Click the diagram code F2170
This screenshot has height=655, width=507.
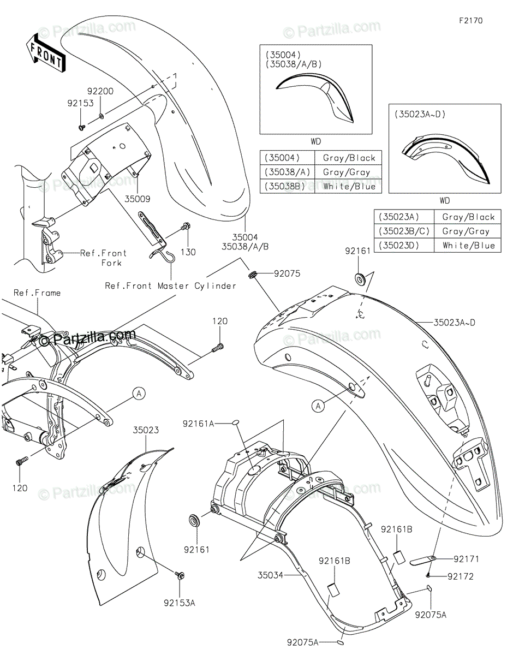click(470, 21)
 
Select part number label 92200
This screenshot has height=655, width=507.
click(100, 91)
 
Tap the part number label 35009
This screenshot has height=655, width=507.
click(138, 199)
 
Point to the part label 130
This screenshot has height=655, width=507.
click(188, 252)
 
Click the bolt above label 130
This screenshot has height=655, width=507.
click(185, 226)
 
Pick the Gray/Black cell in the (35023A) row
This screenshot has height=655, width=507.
click(468, 217)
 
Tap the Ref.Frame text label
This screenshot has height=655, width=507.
click(37, 293)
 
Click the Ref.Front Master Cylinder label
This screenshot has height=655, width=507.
click(170, 285)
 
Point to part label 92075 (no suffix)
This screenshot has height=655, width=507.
click(287, 273)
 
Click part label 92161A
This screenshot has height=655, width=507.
click(198, 424)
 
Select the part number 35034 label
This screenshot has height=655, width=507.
click(271, 575)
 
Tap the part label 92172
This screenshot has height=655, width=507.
click(461, 576)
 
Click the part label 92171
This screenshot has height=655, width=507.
click(466, 559)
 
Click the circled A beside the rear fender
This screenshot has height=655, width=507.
click(318, 406)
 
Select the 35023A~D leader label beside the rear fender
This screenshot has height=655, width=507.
click(454, 323)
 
